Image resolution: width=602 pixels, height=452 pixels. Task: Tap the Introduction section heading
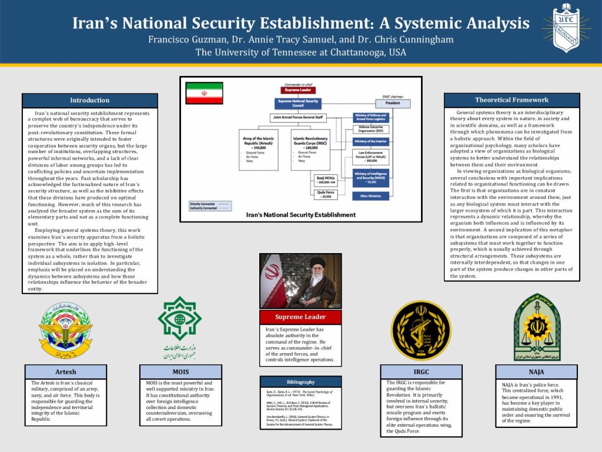89,101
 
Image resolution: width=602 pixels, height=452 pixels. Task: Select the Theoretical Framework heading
511,100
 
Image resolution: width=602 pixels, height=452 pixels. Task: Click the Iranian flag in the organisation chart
204,94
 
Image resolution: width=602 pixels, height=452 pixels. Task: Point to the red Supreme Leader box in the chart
300,90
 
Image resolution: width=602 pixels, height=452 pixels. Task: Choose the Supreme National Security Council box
300,103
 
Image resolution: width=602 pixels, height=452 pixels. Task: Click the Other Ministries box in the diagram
370,196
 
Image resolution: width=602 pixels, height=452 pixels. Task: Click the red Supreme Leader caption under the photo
300,317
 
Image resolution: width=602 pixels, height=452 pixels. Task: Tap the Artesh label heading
66,372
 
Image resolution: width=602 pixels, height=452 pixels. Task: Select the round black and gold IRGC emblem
421,330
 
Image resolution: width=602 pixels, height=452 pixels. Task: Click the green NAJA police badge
536,327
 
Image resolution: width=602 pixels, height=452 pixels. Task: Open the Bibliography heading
300,382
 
